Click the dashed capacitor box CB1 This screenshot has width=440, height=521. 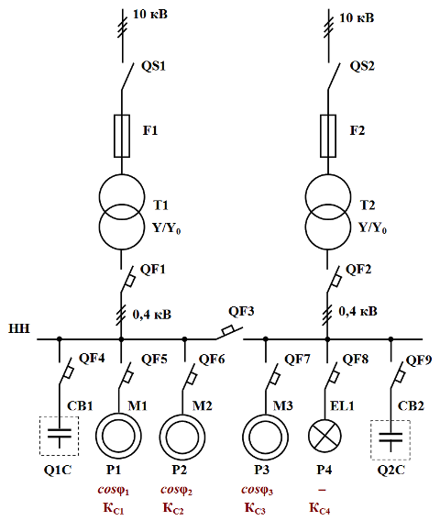[x=39, y=436]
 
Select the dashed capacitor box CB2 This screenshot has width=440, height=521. [x=370, y=440]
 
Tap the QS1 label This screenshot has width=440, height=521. [x=153, y=66]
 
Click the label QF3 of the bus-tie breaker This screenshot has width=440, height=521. [x=241, y=311]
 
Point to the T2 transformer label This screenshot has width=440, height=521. [x=368, y=205]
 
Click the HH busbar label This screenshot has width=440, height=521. [x=19, y=328]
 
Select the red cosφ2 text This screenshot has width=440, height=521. [x=176, y=490]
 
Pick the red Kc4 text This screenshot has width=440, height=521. [x=319, y=508]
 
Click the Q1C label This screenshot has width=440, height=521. [x=58, y=470]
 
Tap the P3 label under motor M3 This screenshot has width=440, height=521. [x=262, y=470]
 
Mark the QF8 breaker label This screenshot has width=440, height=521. [x=356, y=360]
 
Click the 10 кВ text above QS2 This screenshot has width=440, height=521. [x=357, y=17]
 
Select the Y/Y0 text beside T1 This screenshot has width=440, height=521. [x=166, y=228]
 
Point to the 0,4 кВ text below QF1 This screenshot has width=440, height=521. [x=152, y=315]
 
